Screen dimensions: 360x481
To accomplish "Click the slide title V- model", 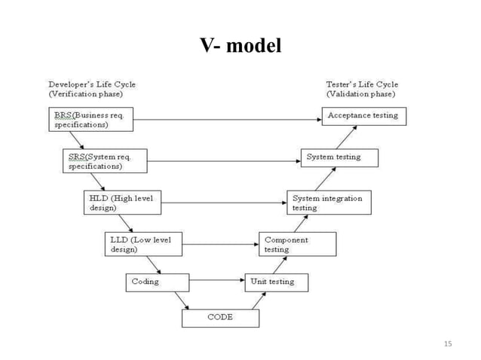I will pyautogui.click(x=240, y=46).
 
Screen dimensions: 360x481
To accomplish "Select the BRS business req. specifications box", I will pyautogui.click(x=91, y=119).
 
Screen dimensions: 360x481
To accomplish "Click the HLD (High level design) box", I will pyautogui.click(x=123, y=203).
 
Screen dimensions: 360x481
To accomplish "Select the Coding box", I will pyautogui.click(x=156, y=282).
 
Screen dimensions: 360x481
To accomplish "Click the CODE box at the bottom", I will pyautogui.click(x=220, y=318).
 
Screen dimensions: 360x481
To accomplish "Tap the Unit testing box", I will pyautogui.click(x=277, y=282).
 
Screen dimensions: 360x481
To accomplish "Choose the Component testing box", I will pyautogui.click(x=298, y=244).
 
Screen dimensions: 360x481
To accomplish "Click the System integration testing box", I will pyautogui.click(x=329, y=203).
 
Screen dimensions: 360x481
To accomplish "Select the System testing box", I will pyautogui.click(x=339, y=157).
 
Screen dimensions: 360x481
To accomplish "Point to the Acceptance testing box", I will pyautogui.click(x=364, y=116).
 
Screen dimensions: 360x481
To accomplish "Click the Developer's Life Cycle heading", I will pyautogui.click(x=92, y=89).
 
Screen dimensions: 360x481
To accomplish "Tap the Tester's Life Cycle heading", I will pyautogui.click(x=362, y=89).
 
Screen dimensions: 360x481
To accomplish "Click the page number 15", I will pyautogui.click(x=448, y=344).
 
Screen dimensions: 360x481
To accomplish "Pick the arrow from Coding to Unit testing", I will pyautogui.click(x=216, y=282).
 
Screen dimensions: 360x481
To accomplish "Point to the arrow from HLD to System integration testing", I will pyautogui.click(x=223, y=202).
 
